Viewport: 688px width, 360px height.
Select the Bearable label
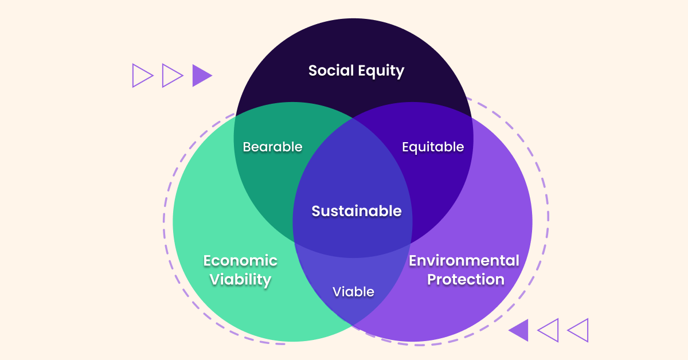(x=272, y=147)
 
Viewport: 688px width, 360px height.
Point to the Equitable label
(x=433, y=147)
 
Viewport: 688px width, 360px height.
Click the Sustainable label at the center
(x=357, y=211)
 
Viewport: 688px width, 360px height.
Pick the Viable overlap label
(x=353, y=292)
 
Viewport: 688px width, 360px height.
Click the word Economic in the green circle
(x=240, y=261)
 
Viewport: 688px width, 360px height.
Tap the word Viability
(x=240, y=280)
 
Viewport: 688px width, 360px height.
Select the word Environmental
(x=464, y=261)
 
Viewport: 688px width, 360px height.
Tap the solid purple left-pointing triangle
(x=519, y=330)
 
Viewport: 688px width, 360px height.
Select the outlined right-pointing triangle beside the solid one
(x=171, y=75)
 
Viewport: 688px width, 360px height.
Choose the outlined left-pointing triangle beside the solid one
(x=549, y=330)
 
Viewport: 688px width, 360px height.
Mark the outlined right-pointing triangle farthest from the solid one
(x=142, y=75)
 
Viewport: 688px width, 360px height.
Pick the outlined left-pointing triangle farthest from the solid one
(x=578, y=330)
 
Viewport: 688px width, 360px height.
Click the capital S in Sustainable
(x=316, y=211)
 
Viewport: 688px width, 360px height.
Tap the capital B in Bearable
(x=247, y=147)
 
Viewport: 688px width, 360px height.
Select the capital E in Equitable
(x=406, y=147)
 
